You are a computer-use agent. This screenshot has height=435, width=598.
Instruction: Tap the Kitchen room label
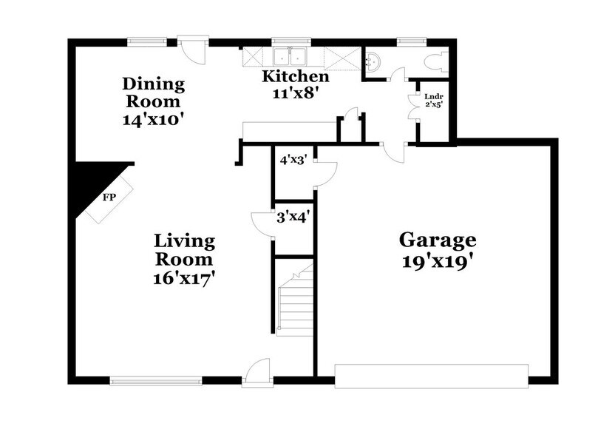coord(296,76)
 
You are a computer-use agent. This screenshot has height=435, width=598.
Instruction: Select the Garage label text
coord(438,240)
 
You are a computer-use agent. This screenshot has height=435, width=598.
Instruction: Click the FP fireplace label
coord(109,198)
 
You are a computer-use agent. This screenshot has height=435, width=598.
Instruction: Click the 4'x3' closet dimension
coord(293,158)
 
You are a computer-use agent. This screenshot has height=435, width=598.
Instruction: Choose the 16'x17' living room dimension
coord(185,279)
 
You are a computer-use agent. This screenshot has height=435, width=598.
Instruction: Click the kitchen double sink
coord(290,56)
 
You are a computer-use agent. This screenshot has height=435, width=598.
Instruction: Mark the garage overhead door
coord(432,376)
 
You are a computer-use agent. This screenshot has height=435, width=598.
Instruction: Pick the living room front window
coord(156,381)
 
